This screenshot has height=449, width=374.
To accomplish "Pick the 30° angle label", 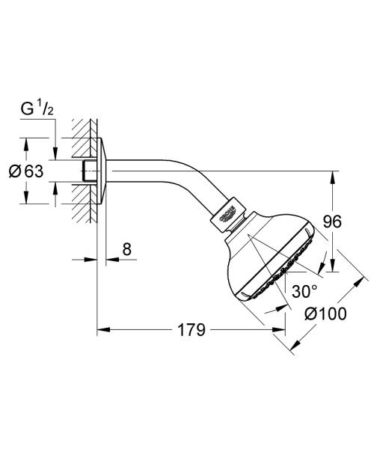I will [x=304, y=290].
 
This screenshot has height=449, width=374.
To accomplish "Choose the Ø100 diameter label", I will [x=326, y=314].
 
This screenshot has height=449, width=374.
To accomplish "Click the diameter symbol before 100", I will [x=310, y=314].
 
